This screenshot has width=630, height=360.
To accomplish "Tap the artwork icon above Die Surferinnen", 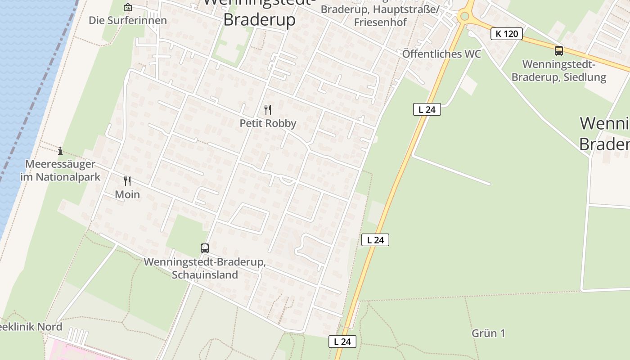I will [x=128, y=7].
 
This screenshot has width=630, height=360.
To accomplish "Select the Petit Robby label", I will [x=268, y=123].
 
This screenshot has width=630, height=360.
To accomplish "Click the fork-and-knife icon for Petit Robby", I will [x=268, y=109].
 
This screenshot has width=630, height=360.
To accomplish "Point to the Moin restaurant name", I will [x=127, y=194].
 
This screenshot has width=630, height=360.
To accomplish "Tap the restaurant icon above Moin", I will [x=127, y=181].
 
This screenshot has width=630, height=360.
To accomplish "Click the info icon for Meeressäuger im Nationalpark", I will [x=60, y=151].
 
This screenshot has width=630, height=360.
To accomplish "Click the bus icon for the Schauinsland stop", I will [x=205, y=248].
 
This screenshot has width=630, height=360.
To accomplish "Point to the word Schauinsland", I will [x=205, y=274].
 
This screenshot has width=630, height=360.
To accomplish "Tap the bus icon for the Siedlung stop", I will [x=559, y=51].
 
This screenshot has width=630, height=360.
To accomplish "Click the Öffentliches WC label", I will [x=441, y=54].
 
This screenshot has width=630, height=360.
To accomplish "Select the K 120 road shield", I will [x=506, y=34].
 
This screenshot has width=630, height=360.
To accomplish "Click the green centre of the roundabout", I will [x=465, y=17].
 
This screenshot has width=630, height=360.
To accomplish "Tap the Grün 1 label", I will [x=488, y=333].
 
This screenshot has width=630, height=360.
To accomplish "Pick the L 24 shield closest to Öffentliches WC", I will [x=427, y=109].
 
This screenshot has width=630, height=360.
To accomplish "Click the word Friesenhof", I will [x=380, y=22].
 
